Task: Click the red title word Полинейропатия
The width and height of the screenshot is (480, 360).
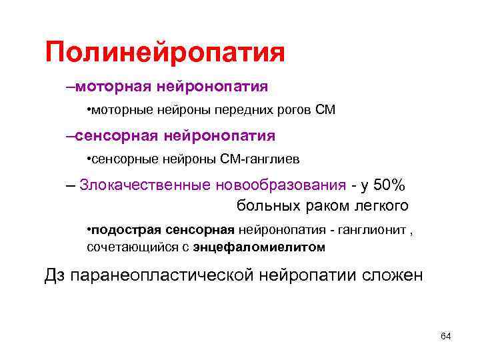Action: coord(165,53)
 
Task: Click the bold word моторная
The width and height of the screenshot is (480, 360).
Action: coord(114,86)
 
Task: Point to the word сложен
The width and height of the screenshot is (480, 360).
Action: coord(392,275)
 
